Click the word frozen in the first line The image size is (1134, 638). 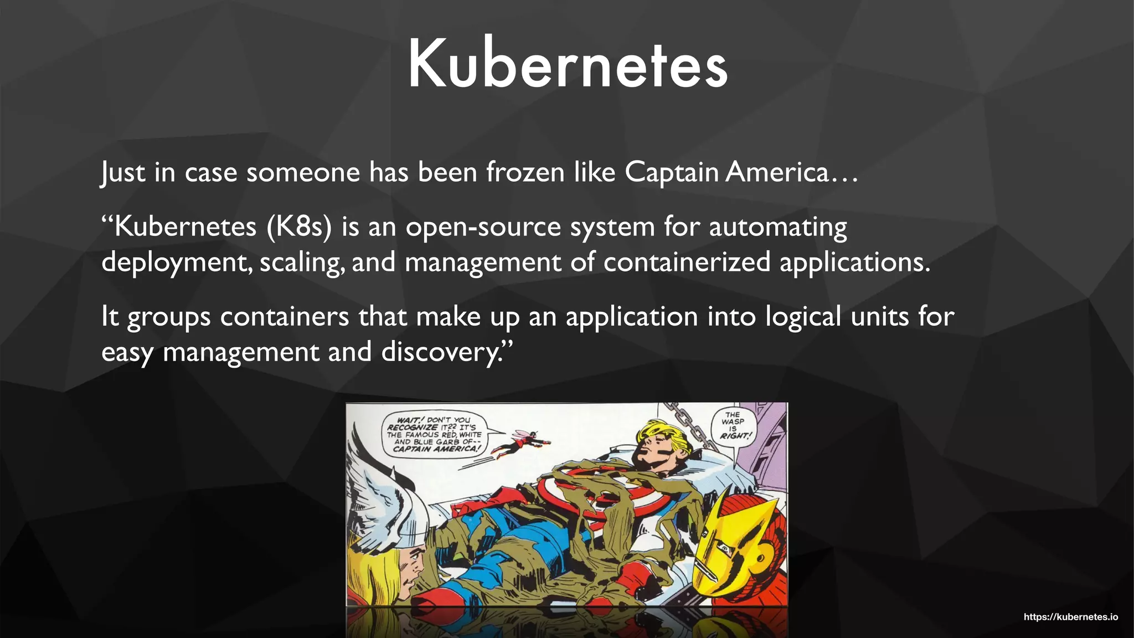click(525, 172)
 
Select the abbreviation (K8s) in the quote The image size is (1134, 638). click(298, 227)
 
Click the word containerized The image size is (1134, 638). click(687, 262)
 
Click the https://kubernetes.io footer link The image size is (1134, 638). click(1070, 617)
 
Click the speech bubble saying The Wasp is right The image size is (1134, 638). click(734, 425)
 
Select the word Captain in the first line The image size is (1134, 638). click(672, 172)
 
